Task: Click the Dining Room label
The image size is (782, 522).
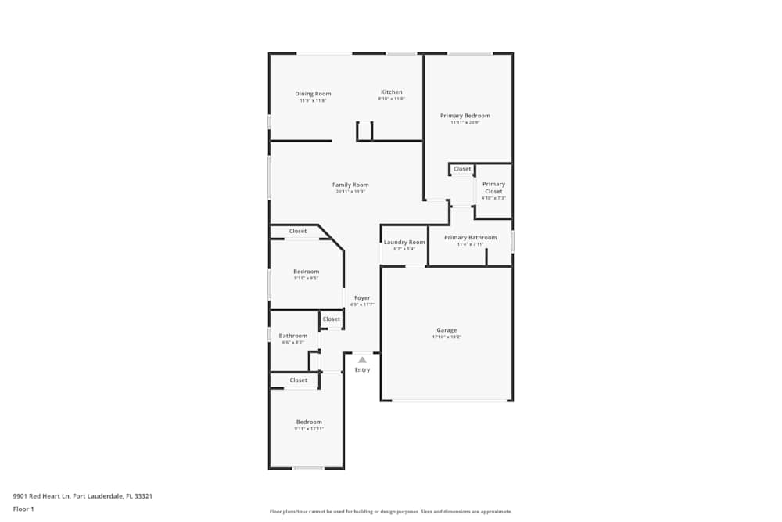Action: pos(313,94)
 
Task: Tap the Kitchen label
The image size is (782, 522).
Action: pos(391,92)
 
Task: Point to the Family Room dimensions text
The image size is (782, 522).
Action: pos(350,192)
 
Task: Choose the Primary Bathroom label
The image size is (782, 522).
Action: pos(470,237)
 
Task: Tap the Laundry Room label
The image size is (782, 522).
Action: pos(404,242)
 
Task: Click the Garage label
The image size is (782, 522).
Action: pos(447,330)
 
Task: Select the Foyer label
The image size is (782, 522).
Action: pos(362,297)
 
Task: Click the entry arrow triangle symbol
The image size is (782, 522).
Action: pos(362,359)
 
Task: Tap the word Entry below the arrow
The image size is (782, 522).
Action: pos(362,369)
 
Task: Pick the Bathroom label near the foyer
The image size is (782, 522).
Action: pos(293,336)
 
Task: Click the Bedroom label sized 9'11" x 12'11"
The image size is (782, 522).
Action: pos(309,422)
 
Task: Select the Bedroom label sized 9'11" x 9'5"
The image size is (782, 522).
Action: pos(306,271)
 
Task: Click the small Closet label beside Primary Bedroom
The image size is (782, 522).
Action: pos(462,169)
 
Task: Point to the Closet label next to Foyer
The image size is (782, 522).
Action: pos(332,319)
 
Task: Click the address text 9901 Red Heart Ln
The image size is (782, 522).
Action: pos(82,495)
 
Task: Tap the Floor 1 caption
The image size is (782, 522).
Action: pos(23,509)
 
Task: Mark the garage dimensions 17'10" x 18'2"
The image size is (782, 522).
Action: pos(447,337)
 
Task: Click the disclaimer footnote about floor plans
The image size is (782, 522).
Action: pos(391,511)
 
